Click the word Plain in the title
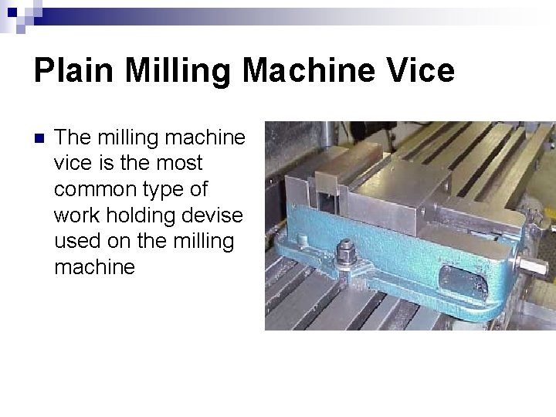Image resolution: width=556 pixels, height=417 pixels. [73, 71]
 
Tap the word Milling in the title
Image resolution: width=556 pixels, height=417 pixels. [178, 71]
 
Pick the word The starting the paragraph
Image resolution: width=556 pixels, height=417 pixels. [72, 137]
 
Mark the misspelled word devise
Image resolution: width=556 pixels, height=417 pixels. [215, 215]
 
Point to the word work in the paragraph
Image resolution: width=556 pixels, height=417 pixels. [77, 215]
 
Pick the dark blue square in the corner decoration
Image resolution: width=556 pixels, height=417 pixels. [12, 12]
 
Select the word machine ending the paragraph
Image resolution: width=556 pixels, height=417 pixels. [94, 268]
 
